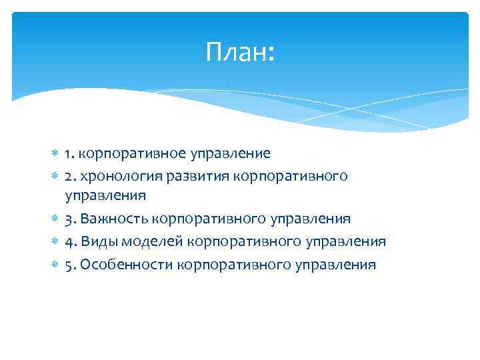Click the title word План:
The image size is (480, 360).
click(x=240, y=52)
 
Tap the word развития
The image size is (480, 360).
click(x=187, y=175)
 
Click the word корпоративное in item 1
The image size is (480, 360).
click(x=129, y=153)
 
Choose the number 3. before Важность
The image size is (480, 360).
click(x=70, y=219)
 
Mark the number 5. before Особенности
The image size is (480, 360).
click(x=70, y=265)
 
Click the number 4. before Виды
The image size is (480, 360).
click(x=70, y=241)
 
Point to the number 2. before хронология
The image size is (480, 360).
click(x=70, y=175)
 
